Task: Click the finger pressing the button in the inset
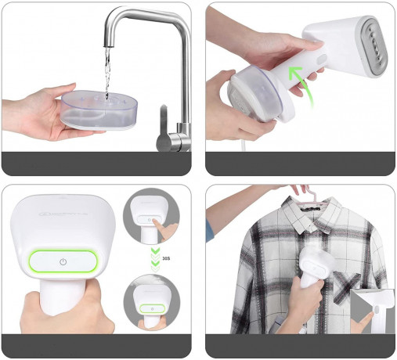(x=164, y=228)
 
